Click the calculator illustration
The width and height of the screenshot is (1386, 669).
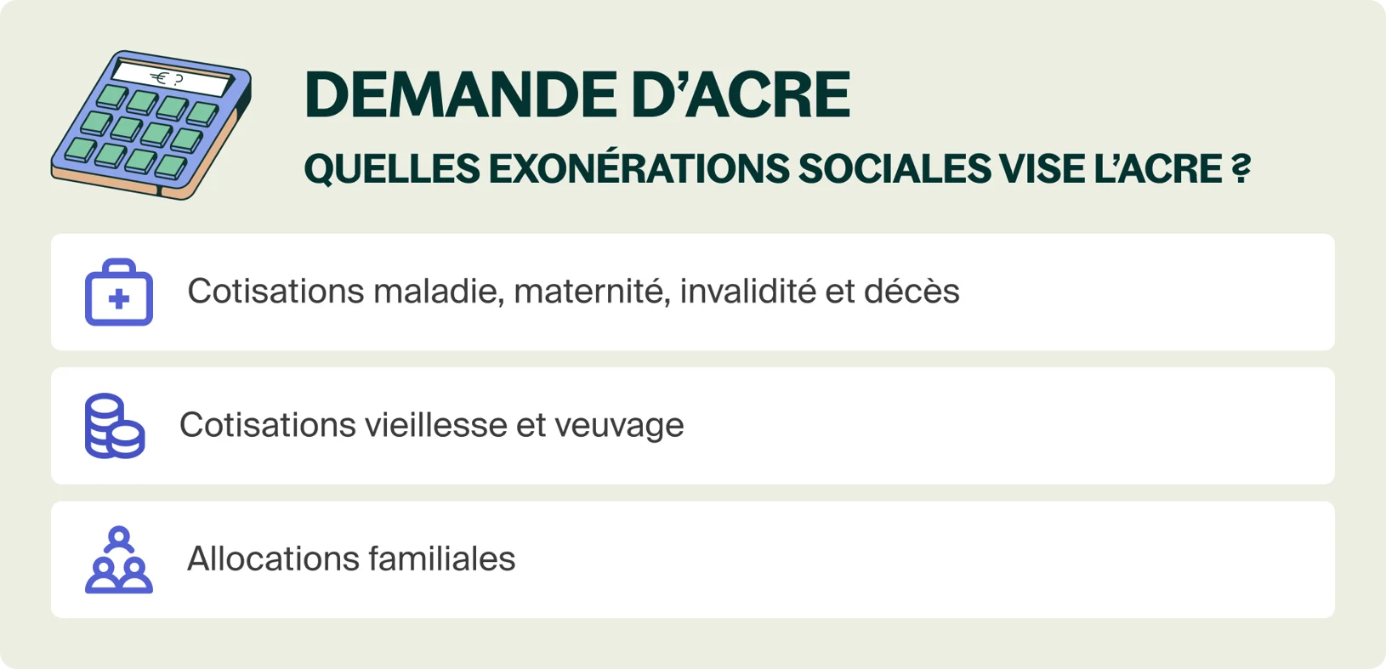click(151, 125)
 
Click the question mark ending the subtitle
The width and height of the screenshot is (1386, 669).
click(1241, 168)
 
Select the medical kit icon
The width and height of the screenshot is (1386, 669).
click(119, 292)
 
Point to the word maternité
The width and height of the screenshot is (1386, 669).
click(590, 292)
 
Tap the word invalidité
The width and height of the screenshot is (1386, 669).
click(746, 292)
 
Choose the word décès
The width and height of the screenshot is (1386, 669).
click(912, 292)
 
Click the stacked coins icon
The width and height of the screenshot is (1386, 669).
click(115, 426)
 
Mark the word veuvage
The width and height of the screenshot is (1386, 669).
click(619, 425)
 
